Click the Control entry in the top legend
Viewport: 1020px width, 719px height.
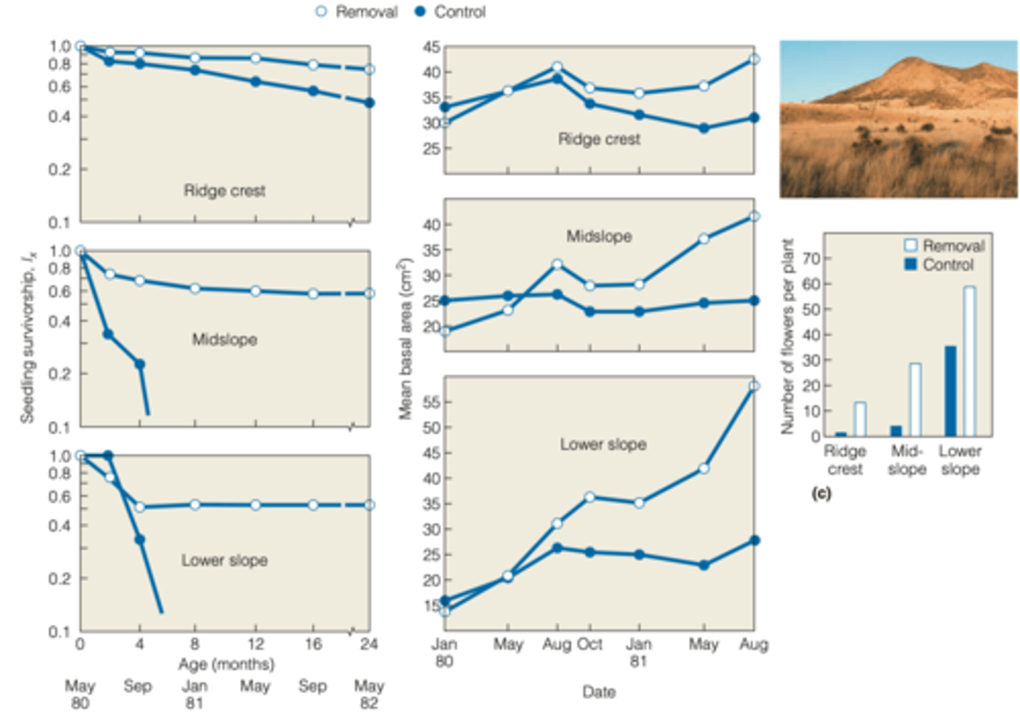[450, 12]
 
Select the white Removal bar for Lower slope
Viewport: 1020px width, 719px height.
[969, 361]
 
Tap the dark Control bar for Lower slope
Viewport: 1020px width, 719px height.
[950, 391]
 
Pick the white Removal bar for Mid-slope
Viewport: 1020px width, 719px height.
[915, 399]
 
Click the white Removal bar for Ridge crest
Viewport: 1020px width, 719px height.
[860, 419]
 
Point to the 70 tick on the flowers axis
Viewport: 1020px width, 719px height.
[812, 258]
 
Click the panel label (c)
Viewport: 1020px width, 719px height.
[821, 493]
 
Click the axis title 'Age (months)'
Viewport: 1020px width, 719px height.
[226, 664]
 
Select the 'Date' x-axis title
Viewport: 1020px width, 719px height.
[599, 691]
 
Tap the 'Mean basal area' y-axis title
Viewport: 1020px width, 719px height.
[405, 339]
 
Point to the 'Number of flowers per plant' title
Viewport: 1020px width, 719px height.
[787, 337]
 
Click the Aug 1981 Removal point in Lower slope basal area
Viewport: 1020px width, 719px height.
[754, 386]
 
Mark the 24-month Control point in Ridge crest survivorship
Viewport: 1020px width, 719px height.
[369, 103]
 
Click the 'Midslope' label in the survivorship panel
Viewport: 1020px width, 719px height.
[225, 340]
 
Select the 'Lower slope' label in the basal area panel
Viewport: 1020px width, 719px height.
[603, 444]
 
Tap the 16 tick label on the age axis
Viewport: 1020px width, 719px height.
[313, 644]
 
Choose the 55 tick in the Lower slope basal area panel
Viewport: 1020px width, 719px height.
[431, 402]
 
